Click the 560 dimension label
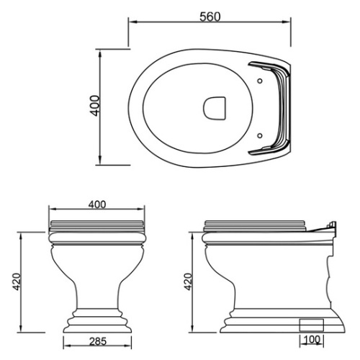point(210,17)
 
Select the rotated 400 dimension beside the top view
point(95,106)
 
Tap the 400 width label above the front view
point(97,204)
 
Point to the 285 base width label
point(98,341)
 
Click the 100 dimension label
point(312,340)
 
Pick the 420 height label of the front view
point(17,282)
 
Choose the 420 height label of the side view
point(188,282)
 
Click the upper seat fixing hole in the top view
point(260,81)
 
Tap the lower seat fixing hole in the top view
point(260,136)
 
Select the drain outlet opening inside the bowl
point(215,108)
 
